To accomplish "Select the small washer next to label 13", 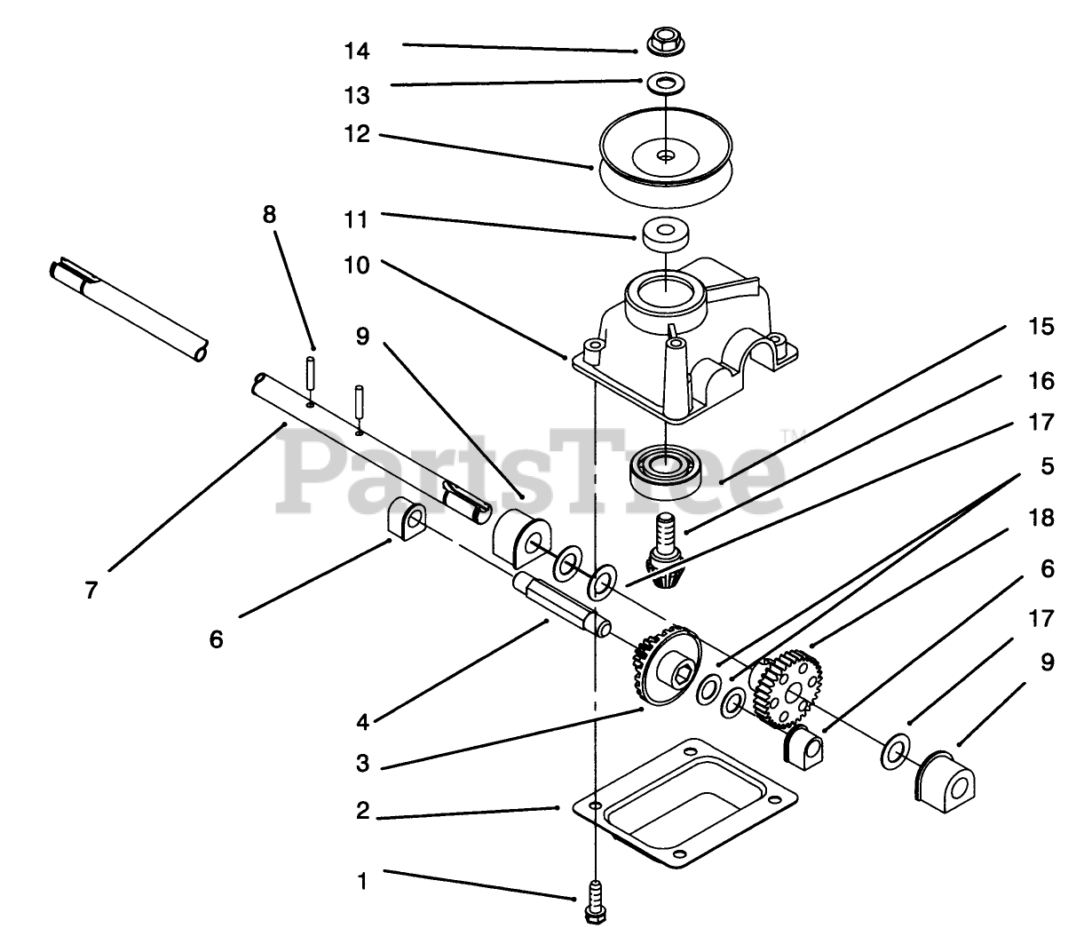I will [665, 83].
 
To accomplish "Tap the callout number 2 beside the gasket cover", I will [362, 812].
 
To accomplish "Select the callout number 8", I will [269, 215].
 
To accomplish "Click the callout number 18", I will [1044, 517].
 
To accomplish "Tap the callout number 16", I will [1044, 381].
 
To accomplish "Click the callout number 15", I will [1044, 327].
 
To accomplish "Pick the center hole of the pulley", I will [665, 155].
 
